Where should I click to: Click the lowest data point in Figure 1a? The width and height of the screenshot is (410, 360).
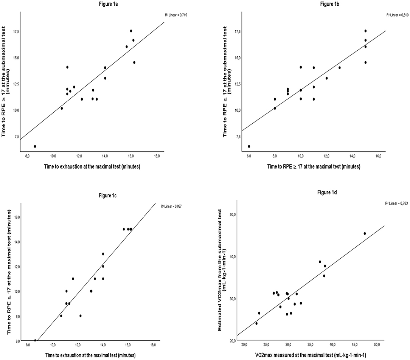(x=35, y=146)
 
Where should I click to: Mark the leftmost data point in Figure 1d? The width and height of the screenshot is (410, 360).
(x=256, y=323)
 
